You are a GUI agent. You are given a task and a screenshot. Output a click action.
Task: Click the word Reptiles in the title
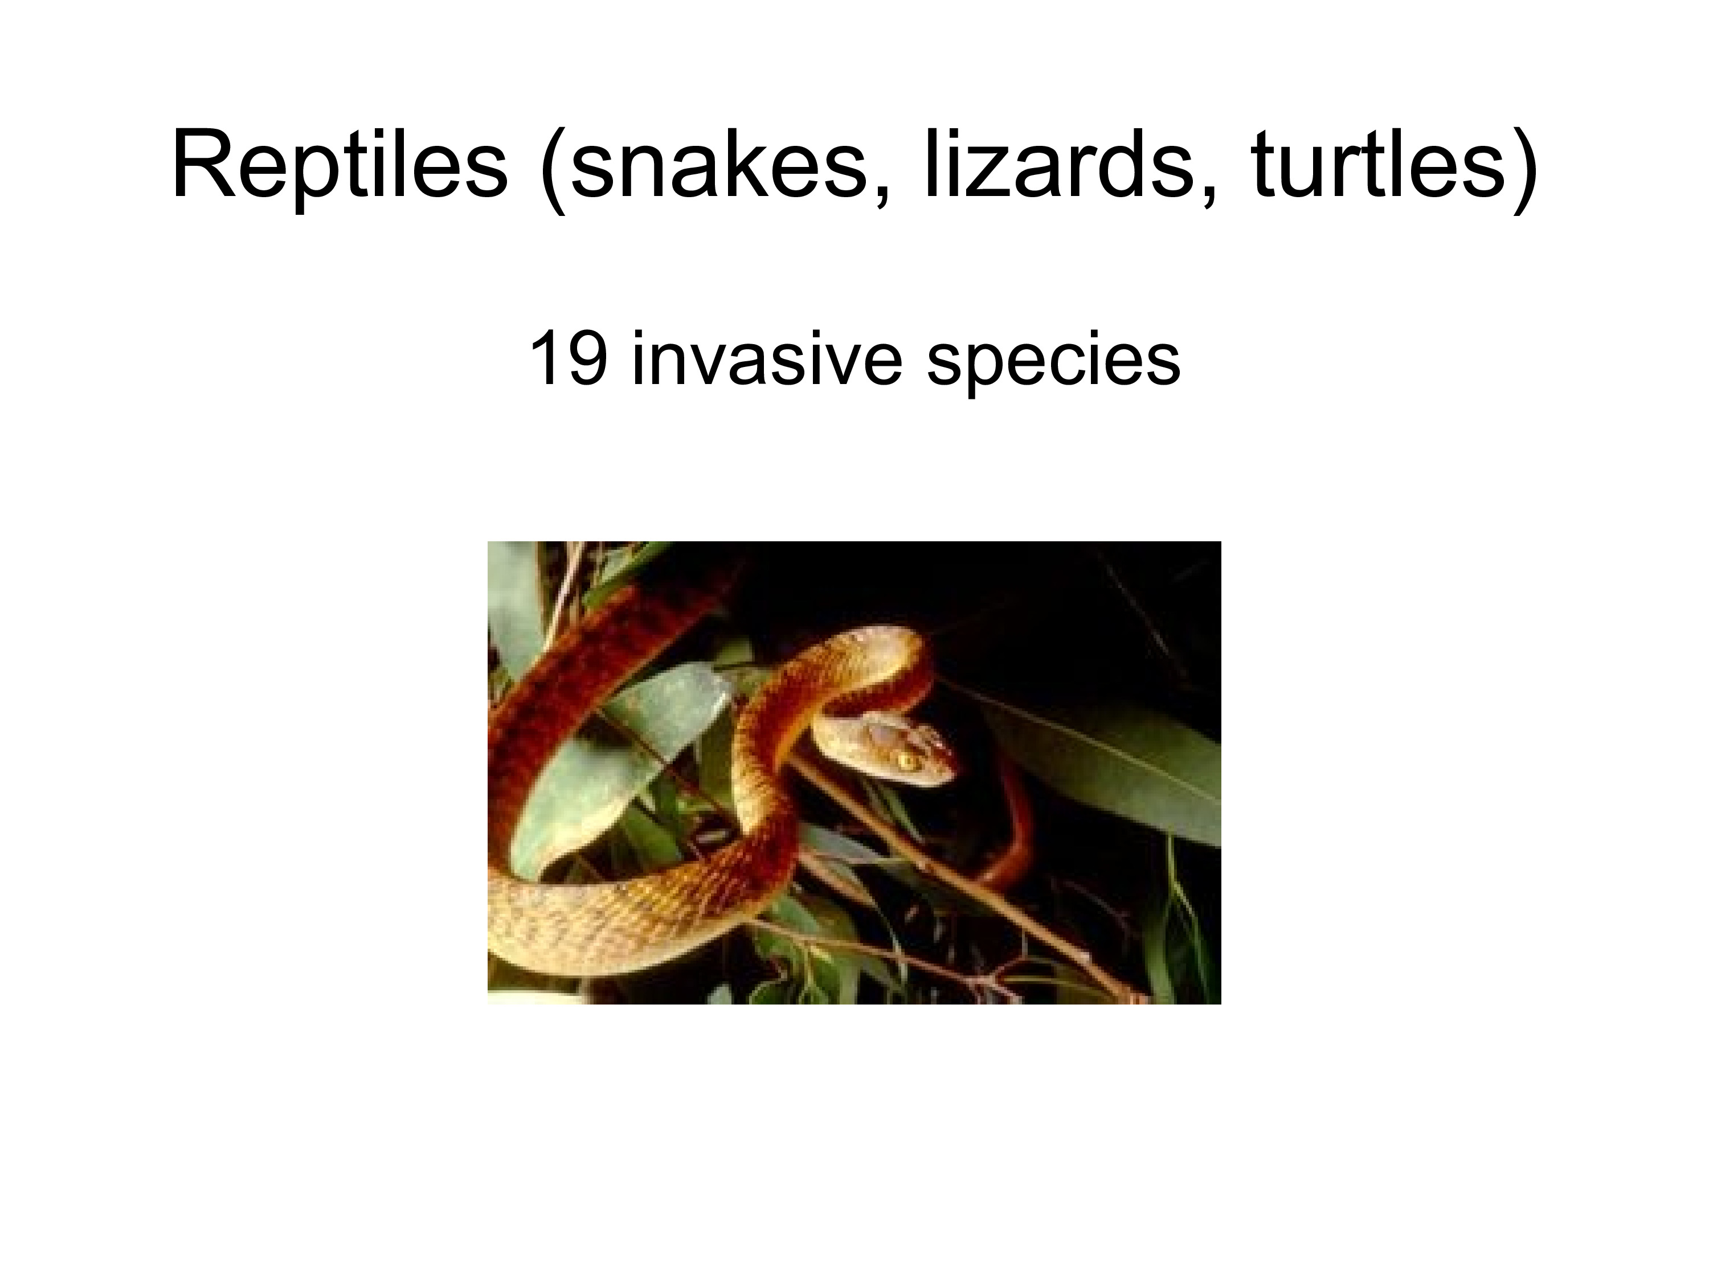pos(340,166)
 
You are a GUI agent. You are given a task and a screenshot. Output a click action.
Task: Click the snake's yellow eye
pos(905,761)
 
